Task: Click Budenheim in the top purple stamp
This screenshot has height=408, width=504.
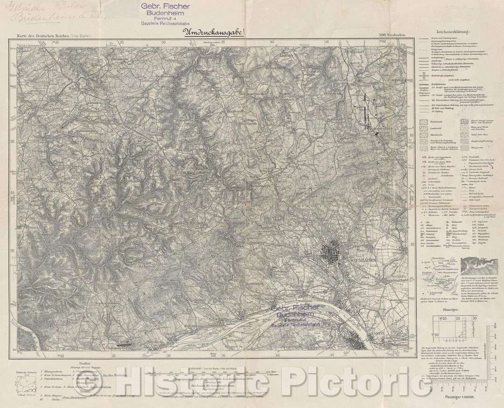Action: (161, 13)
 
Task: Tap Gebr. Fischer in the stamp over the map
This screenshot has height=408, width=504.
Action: (294, 307)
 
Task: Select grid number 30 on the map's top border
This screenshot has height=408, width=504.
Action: (163, 42)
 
